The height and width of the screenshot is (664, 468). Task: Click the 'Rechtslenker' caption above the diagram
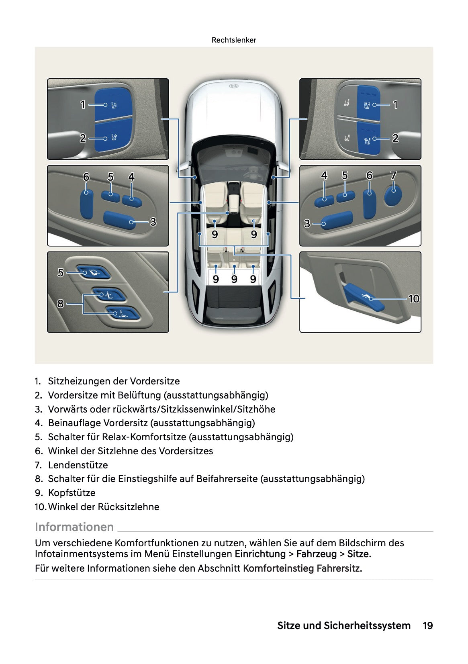tap(234, 40)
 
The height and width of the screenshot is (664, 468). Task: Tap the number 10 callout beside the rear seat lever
tap(413, 298)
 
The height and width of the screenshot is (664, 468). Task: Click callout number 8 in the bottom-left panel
tap(60, 303)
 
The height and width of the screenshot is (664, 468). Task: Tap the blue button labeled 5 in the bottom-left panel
tap(93, 272)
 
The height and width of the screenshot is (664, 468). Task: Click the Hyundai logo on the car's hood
tap(234, 86)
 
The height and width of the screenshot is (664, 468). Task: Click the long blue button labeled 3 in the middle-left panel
tap(119, 220)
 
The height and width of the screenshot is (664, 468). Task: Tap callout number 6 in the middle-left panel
tap(86, 177)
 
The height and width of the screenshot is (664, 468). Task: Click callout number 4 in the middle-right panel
tap(324, 176)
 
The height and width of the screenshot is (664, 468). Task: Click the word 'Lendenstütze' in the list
tap(78, 465)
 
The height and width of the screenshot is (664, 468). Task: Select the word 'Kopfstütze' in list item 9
tap(72, 492)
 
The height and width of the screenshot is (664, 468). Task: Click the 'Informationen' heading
tap(74, 527)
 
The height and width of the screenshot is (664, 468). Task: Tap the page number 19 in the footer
tap(427, 625)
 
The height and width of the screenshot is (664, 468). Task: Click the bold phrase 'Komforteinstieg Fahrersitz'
tap(302, 568)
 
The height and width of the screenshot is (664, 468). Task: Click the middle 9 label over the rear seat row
tap(234, 279)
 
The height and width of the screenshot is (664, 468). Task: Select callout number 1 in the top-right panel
tap(395, 105)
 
